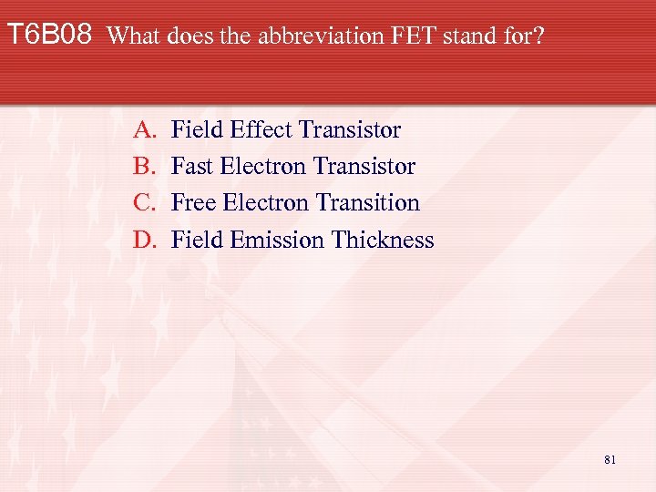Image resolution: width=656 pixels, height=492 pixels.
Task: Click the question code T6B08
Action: (49, 36)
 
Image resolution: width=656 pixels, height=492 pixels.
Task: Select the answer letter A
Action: (144, 130)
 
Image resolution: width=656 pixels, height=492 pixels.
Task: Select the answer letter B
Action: (144, 167)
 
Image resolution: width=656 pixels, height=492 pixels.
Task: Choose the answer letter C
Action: (144, 203)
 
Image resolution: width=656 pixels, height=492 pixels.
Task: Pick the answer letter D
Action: (144, 240)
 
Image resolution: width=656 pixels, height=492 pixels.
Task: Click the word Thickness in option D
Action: (383, 240)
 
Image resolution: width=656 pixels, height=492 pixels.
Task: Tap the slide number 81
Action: (610, 460)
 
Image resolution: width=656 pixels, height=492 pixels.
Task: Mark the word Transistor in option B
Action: (364, 167)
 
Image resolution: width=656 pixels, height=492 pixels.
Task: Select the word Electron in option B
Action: (262, 167)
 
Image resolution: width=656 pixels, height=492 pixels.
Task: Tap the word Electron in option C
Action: (264, 203)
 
